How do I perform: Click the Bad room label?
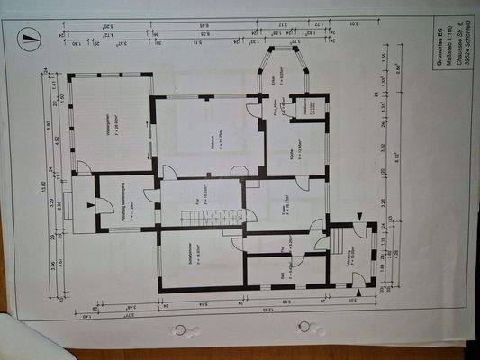tap(282, 272)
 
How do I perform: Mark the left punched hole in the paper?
tap(181, 329)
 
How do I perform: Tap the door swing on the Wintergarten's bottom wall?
tap(83, 167)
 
